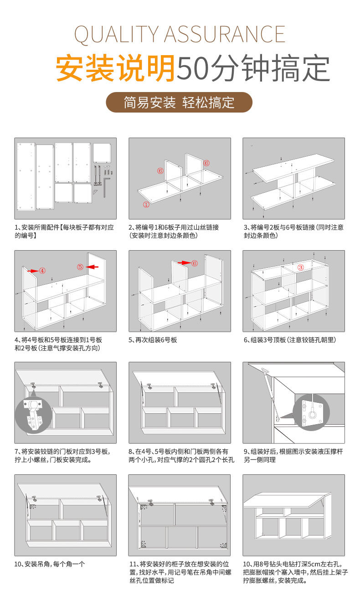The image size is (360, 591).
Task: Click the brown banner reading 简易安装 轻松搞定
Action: pyautogui.click(x=179, y=103)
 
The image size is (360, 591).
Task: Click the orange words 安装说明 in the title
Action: pyautogui.click(x=115, y=68)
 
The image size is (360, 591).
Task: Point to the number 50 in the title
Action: pyautogui.click(x=193, y=68)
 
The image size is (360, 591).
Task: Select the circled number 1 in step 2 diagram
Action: pyautogui.click(x=146, y=205)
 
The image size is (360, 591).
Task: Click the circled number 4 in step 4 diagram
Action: pyautogui.click(x=42, y=271)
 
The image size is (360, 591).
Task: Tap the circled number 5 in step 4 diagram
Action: pyautogui.click(x=80, y=267)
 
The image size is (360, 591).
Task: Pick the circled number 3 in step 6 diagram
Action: pyautogui.click(x=300, y=267)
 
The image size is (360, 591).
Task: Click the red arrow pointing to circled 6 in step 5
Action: pyautogui.click(x=184, y=263)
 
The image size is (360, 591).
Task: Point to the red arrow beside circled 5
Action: pyautogui.click(x=93, y=267)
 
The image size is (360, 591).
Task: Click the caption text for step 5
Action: pyautogui.click(x=153, y=340)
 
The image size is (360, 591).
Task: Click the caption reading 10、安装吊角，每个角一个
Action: pyautogui.click(x=50, y=564)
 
